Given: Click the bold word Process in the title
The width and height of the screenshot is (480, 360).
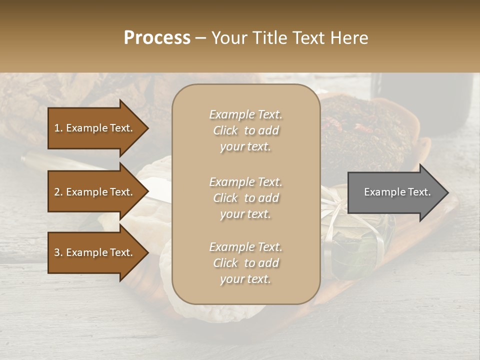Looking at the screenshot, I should click(157, 37).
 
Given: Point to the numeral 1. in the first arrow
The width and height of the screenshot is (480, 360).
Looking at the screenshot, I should click(58, 128).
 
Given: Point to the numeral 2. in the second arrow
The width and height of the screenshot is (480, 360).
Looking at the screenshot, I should click(58, 192).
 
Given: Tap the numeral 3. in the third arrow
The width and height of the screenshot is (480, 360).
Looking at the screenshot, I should click(58, 252).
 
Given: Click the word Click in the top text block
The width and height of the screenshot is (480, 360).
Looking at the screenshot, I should click(225, 131).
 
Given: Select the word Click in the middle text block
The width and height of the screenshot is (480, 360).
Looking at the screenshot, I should click(225, 198).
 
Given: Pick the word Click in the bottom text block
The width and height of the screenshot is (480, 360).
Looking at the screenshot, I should click(225, 263).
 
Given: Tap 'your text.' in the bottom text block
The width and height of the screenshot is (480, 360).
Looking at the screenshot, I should click(245, 279).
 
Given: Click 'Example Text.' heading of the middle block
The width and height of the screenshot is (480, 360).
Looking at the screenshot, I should click(245, 182).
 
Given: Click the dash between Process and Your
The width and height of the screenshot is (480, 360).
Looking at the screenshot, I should click(200, 38).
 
